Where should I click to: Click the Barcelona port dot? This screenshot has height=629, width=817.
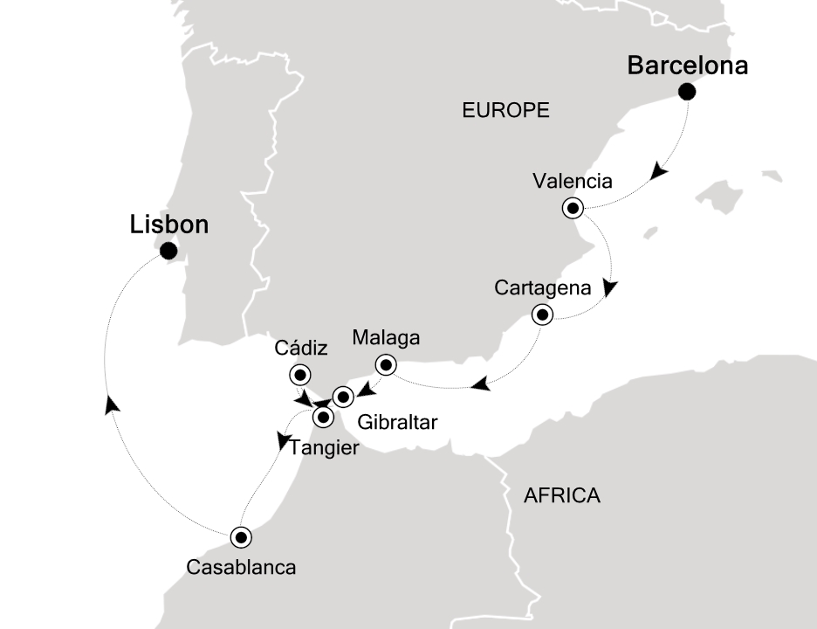[688, 91]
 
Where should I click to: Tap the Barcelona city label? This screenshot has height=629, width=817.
[688, 66]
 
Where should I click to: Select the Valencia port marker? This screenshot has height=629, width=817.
[573, 208]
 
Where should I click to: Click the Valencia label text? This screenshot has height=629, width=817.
[572, 183]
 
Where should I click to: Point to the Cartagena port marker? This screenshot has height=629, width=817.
[543, 314]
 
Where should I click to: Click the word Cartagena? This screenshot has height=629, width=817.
[542, 287]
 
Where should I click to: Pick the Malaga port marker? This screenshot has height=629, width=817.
[385, 364]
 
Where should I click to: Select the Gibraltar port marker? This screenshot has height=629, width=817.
[343, 396]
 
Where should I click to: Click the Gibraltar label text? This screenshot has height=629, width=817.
[397, 423]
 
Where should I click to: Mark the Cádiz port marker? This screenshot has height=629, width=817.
[299, 374]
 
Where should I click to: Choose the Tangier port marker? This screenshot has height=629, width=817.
[324, 417]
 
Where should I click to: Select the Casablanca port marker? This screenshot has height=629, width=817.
[241, 536]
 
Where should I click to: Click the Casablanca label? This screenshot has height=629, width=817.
[242, 567]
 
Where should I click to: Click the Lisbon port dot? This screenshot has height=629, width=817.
[168, 252]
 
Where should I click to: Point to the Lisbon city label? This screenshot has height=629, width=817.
[169, 225]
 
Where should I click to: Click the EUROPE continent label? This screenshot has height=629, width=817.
[505, 110]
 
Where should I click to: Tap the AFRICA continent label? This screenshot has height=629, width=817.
[561, 496]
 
